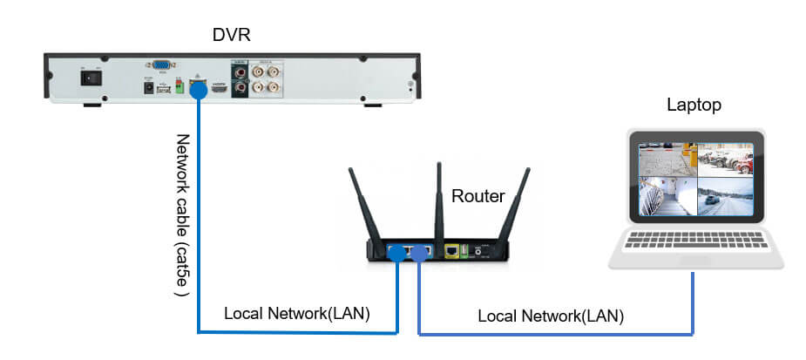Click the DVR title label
[x=231, y=35]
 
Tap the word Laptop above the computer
[x=694, y=105]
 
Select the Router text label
[x=478, y=196]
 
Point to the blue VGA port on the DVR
[x=161, y=65]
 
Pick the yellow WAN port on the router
[x=453, y=250]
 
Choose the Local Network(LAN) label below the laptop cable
[x=551, y=316]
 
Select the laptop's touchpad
[x=694, y=259]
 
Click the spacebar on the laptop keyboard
[x=694, y=245]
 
